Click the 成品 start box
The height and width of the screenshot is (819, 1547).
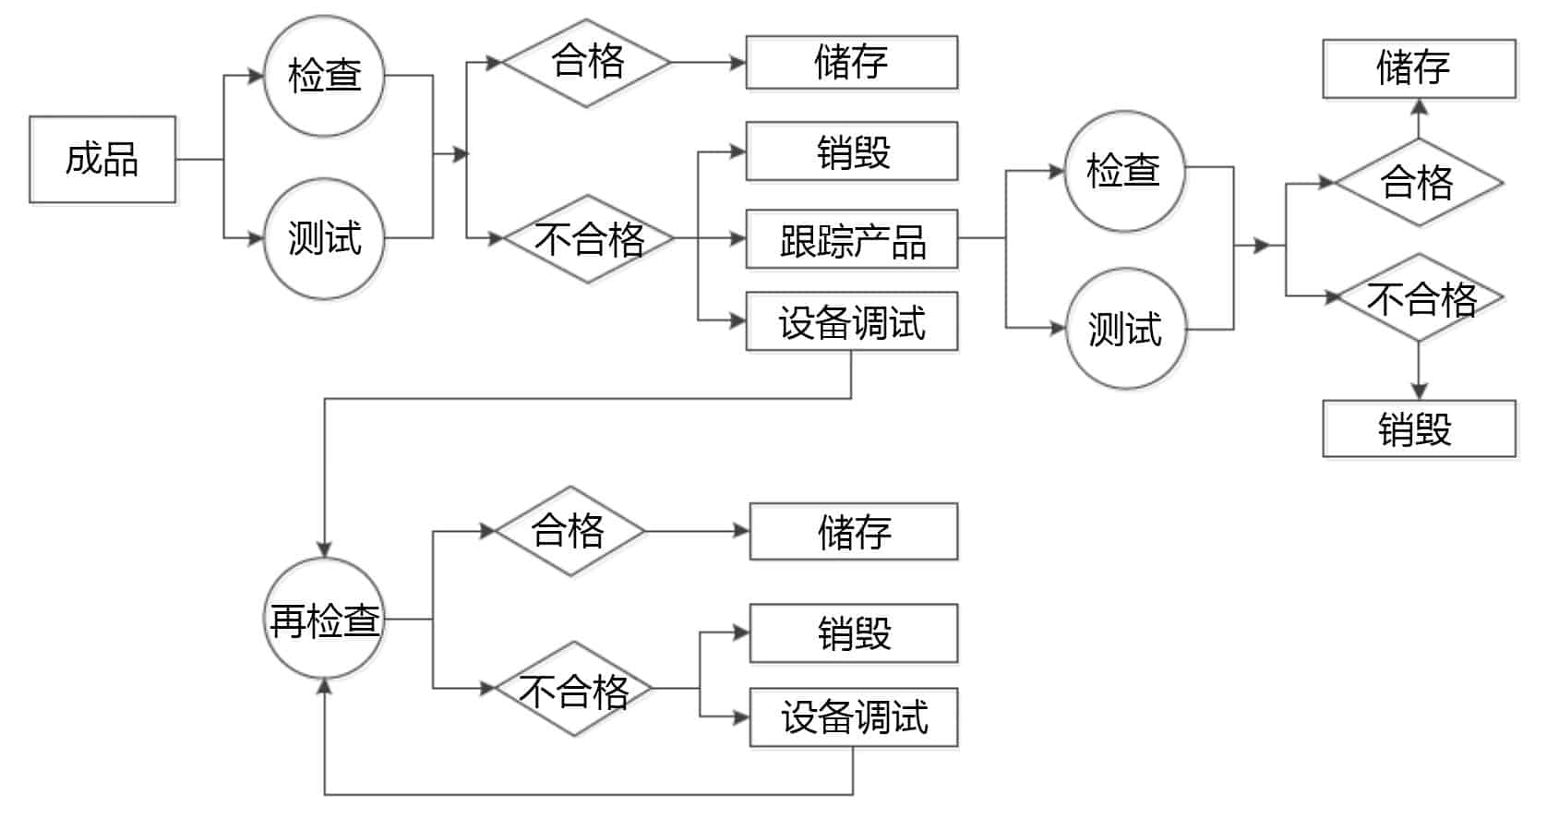click(102, 159)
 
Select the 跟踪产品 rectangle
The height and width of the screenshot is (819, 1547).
click(851, 240)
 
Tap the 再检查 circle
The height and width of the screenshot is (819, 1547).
click(324, 619)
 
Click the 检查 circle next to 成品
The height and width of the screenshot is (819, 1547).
click(324, 76)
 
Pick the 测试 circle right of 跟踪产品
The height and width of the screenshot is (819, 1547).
click(1124, 329)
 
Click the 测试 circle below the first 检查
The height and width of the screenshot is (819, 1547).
click(324, 238)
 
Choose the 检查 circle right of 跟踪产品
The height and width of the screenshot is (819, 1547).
click(1124, 171)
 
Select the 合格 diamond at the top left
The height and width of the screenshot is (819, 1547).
click(587, 63)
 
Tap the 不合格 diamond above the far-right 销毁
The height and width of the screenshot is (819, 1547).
click(1420, 297)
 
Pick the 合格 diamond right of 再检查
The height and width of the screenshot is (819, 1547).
click(569, 531)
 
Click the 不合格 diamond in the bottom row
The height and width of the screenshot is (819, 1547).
click(573, 689)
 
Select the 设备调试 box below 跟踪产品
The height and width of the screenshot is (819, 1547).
click(851, 322)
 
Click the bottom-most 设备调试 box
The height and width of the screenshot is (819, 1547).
click(853, 717)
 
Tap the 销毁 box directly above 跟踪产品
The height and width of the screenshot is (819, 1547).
click(851, 151)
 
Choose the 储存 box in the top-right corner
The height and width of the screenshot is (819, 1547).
click(1419, 68)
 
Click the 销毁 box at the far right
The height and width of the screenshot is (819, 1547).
click(1419, 428)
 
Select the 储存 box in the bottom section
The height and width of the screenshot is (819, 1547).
click(853, 532)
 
